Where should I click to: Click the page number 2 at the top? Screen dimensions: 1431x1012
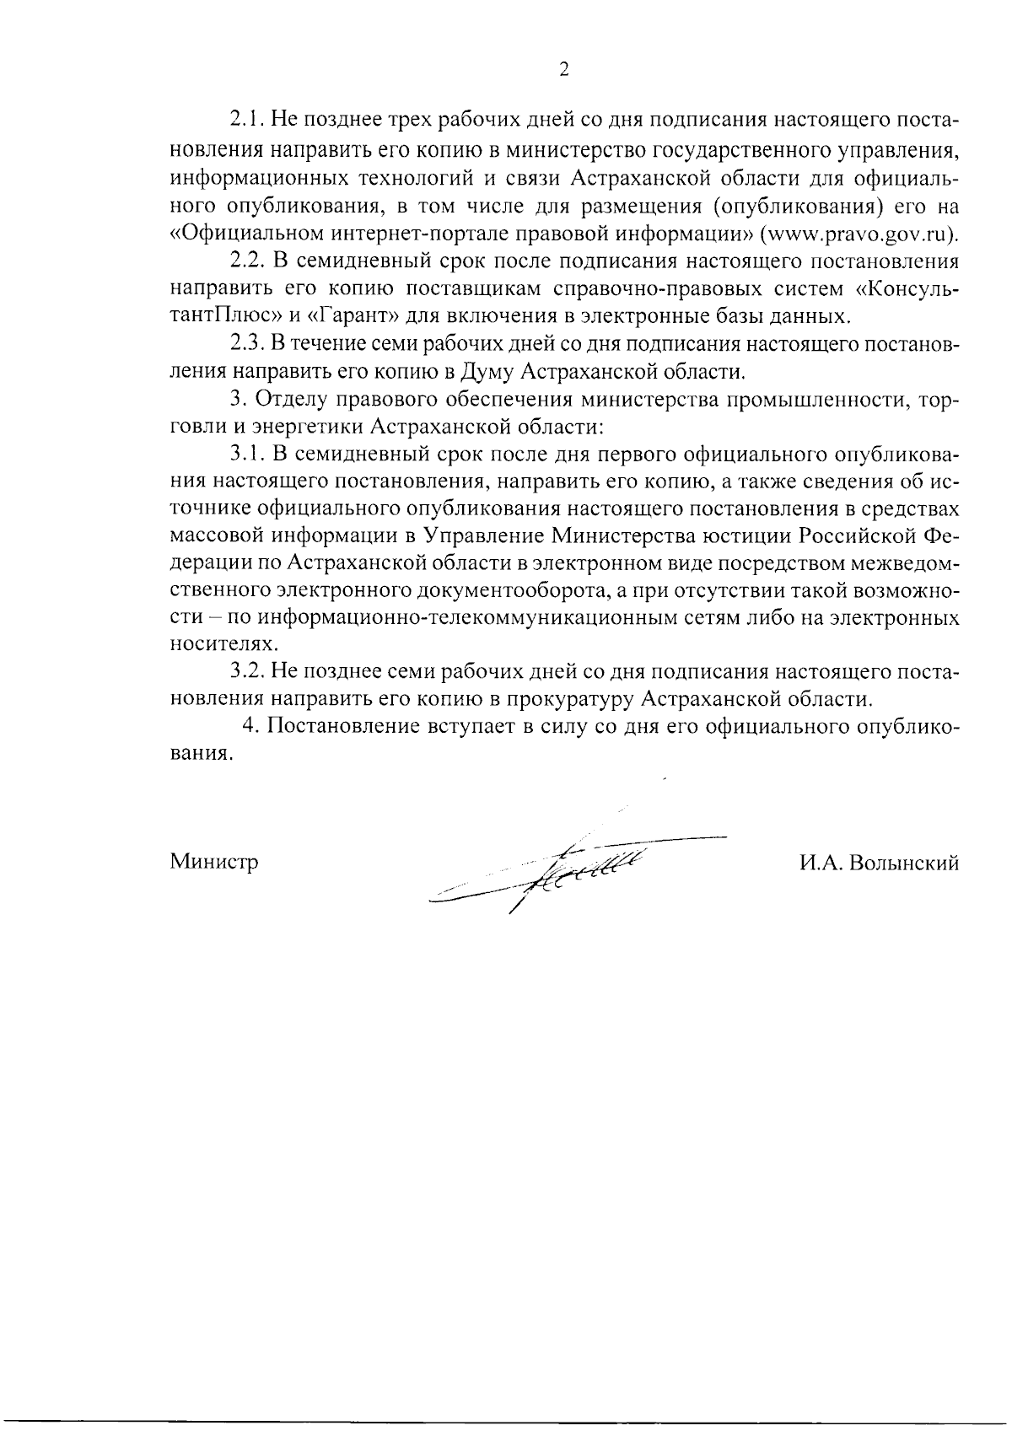click(x=564, y=70)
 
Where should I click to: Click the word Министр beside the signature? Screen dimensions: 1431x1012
click(x=214, y=863)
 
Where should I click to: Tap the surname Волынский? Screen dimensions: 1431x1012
click(x=906, y=863)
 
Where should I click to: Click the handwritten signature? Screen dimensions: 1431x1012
click(x=573, y=869)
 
